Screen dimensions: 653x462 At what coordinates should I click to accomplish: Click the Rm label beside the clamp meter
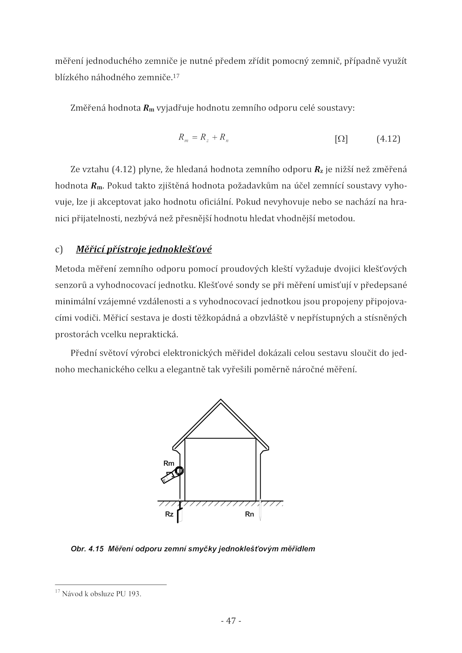(x=169, y=463)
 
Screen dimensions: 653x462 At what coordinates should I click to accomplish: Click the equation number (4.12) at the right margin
(x=388, y=139)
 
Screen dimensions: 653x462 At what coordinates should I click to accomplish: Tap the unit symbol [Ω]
(x=341, y=139)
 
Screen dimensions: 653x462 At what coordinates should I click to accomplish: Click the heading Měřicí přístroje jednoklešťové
(x=144, y=249)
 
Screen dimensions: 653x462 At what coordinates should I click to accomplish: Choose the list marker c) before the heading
(x=59, y=249)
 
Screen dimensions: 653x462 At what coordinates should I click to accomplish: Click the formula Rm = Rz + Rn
(x=204, y=138)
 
